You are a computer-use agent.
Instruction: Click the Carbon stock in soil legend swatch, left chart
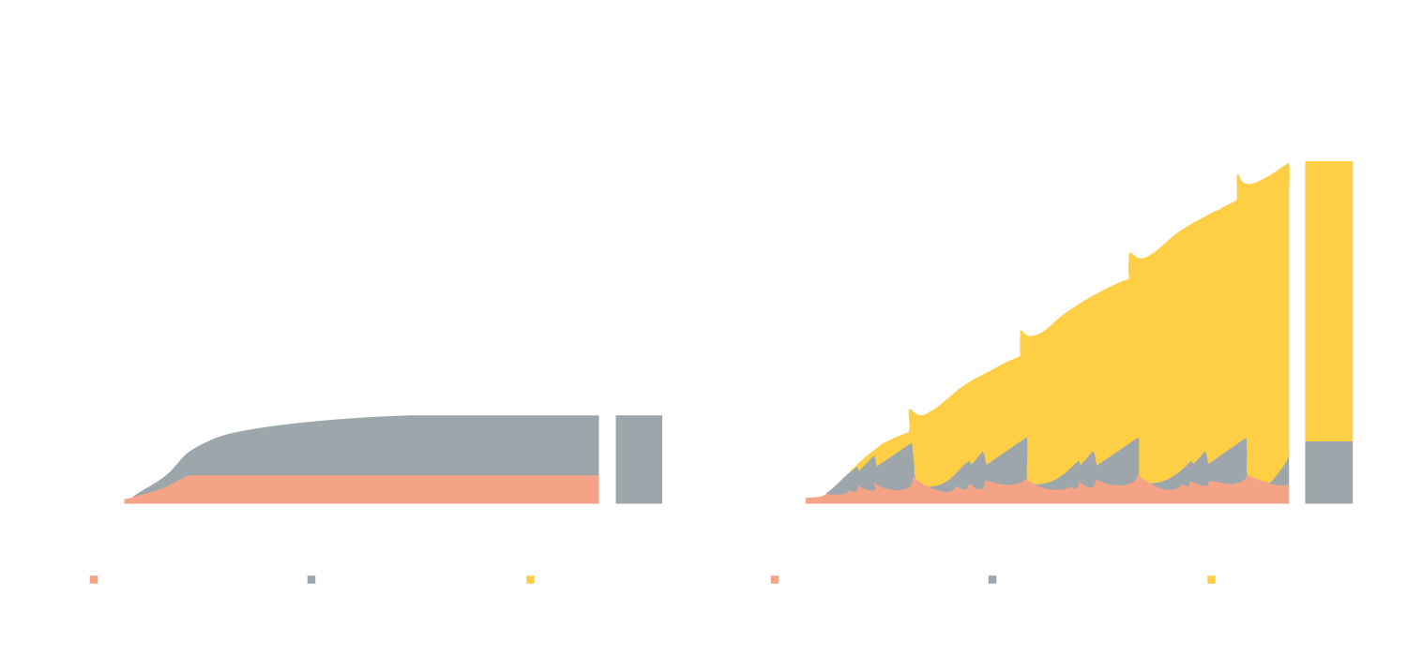pos(94,581)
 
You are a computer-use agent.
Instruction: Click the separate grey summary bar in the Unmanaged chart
pos(638,459)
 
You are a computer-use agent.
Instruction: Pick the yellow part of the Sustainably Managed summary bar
pos(1328,300)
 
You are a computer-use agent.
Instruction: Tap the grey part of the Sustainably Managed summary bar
pos(1328,472)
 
